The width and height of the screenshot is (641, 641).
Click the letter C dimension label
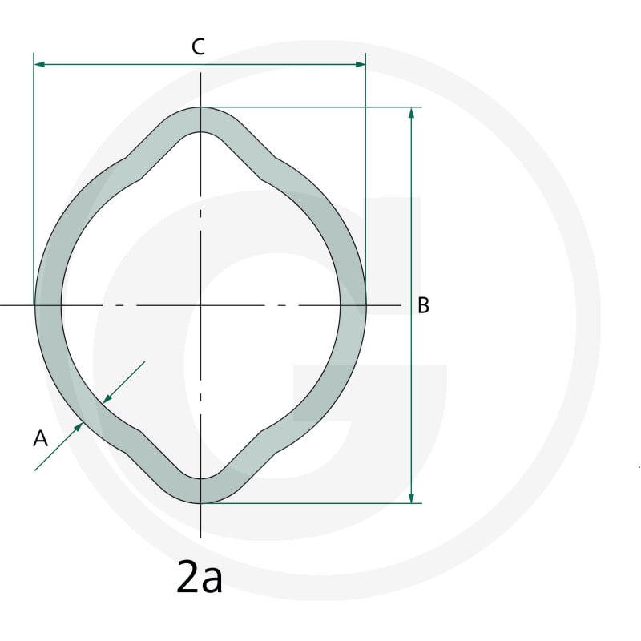(198, 47)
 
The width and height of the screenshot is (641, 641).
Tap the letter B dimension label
(424, 305)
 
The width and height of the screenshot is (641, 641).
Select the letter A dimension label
(41, 438)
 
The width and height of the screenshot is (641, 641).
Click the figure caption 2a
(200, 577)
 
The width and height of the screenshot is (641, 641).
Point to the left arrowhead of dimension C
(39, 64)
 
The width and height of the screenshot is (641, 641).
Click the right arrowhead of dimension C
(360, 64)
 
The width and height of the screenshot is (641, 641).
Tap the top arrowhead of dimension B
(411, 113)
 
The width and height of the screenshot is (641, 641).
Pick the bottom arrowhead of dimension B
(411, 498)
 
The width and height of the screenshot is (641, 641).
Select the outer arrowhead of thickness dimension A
(78, 428)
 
